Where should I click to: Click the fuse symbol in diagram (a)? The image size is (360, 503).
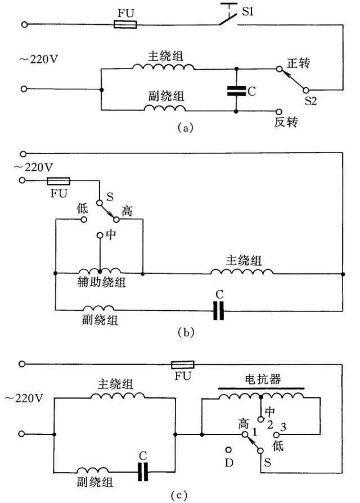coord(125,25)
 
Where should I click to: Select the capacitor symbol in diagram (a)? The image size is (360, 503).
coord(236,90)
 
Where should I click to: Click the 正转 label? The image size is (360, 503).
coord(301,66)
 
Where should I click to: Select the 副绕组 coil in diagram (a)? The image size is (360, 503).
coord(164,107)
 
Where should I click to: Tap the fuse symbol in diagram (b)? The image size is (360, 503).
coord(57,181)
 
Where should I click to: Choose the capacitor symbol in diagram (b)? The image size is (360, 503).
coord(219,311)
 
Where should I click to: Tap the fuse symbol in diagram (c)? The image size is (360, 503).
coord(182,364)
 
